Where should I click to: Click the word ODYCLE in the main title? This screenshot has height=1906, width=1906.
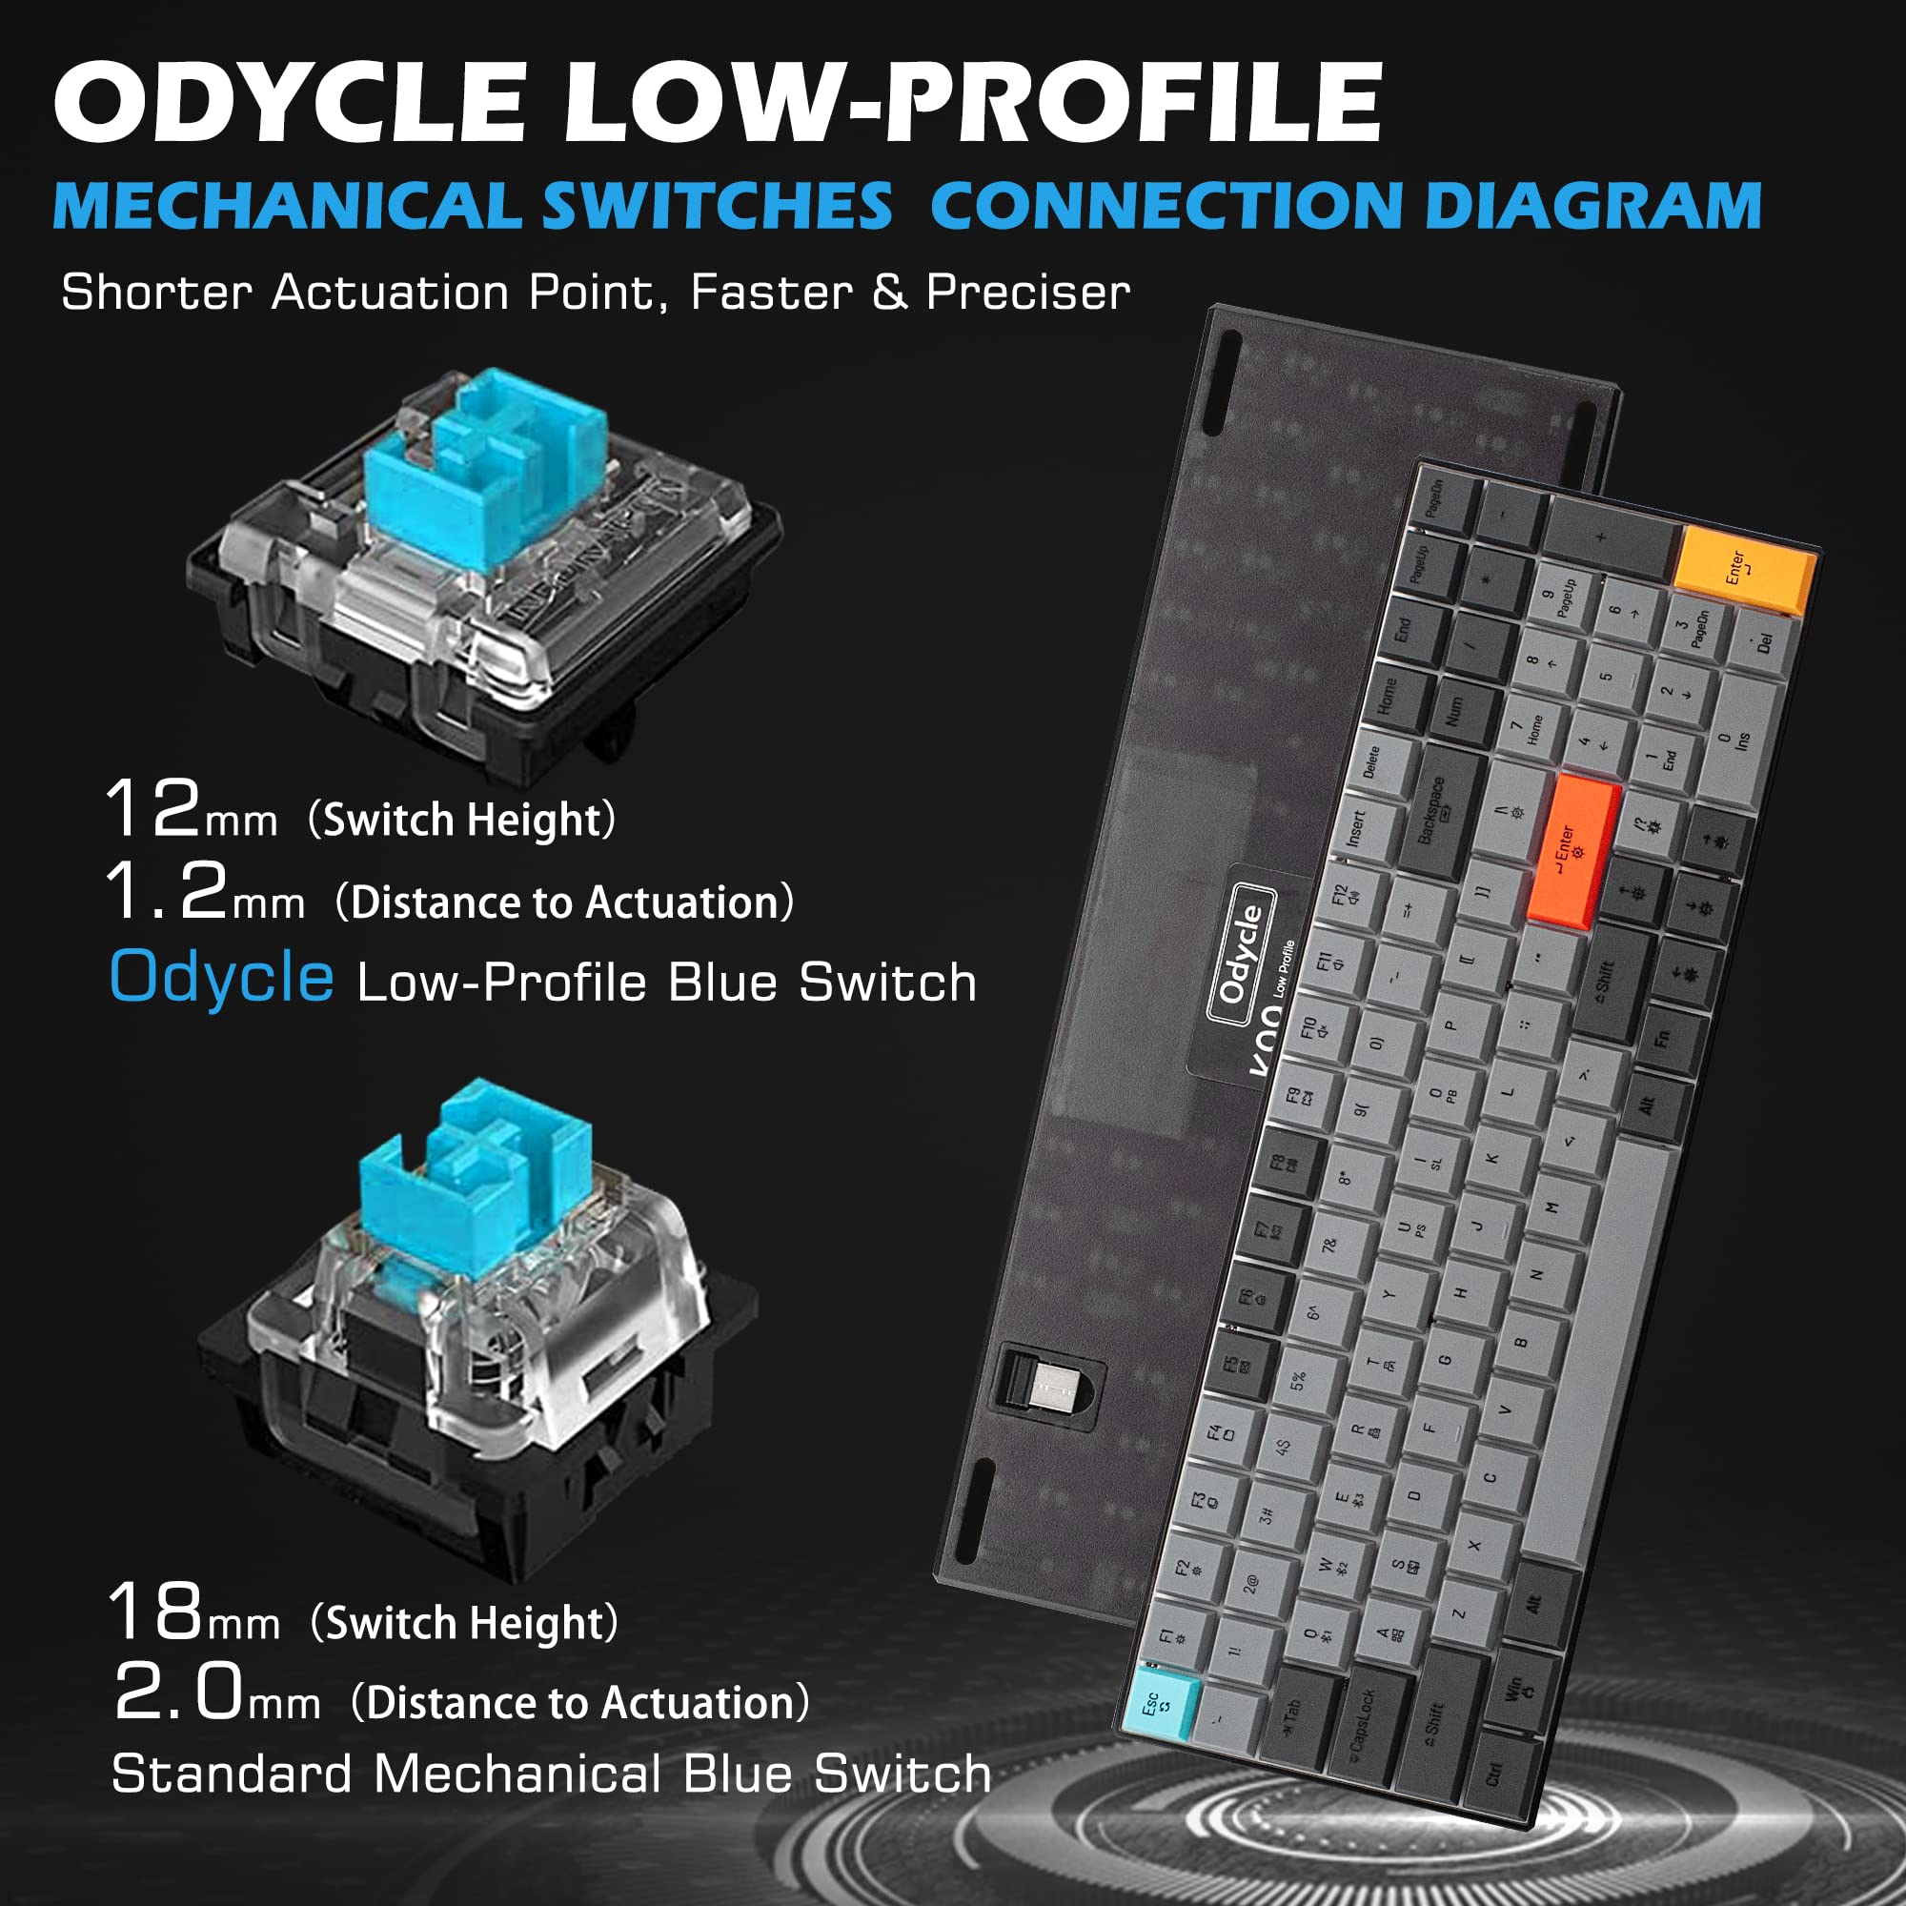click(x=288, y=102)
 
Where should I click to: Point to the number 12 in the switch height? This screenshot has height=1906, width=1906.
click(x=152, y=809)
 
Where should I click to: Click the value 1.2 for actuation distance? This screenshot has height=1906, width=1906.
click(x=166, y=891)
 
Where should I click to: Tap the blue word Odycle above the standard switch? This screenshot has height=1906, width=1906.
click(x=221, y=978)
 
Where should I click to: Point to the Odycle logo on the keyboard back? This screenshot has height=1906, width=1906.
click(x=1241, y=953)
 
